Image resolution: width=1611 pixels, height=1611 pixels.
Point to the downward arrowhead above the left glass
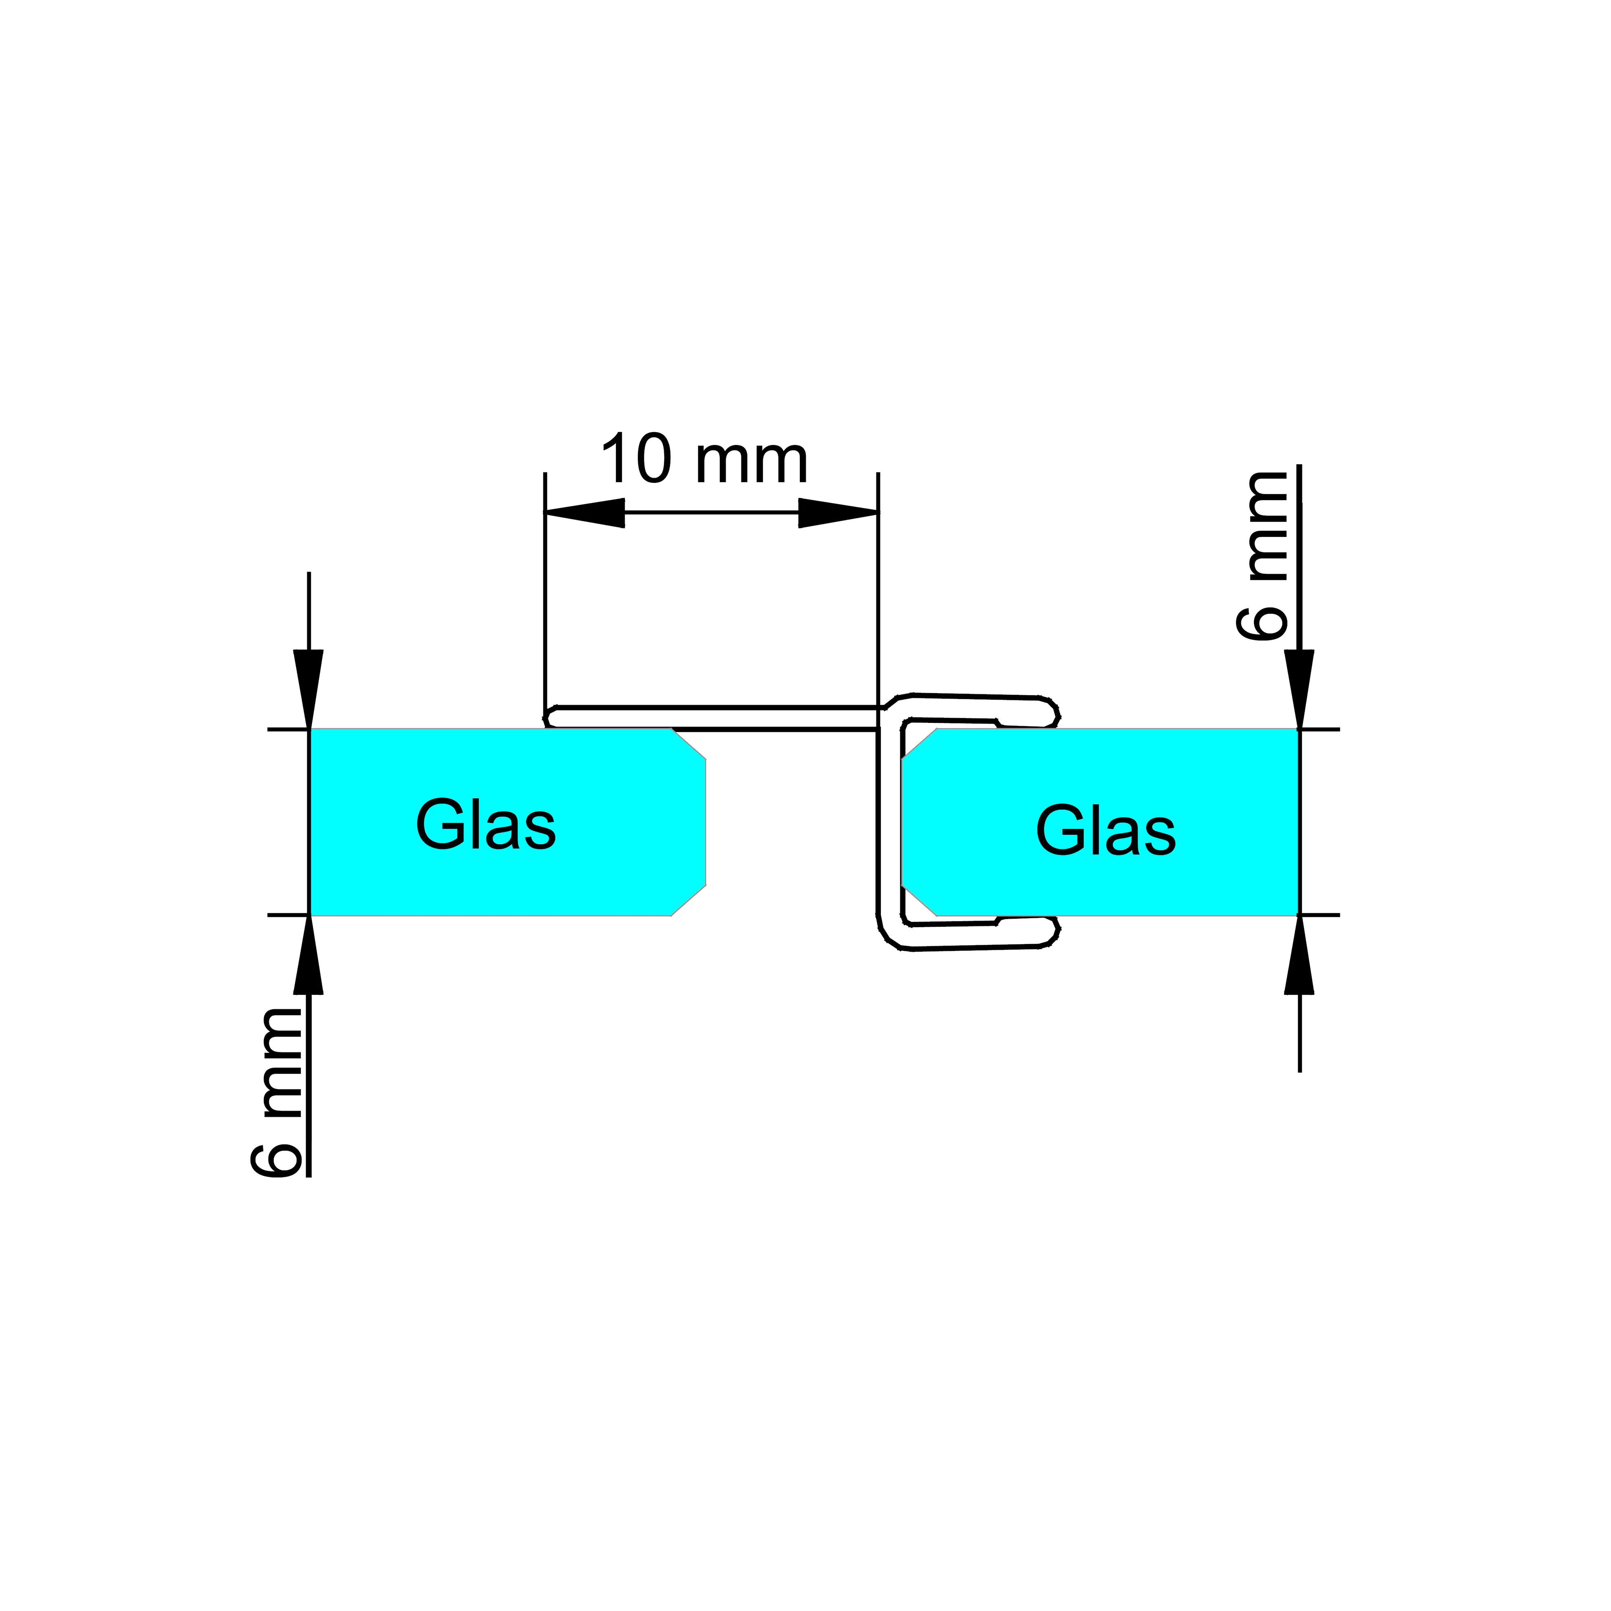point(309,688)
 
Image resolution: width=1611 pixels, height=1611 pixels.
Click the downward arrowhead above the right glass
point(1299,688)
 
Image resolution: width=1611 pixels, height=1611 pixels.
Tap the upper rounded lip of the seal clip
point(1052,713)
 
